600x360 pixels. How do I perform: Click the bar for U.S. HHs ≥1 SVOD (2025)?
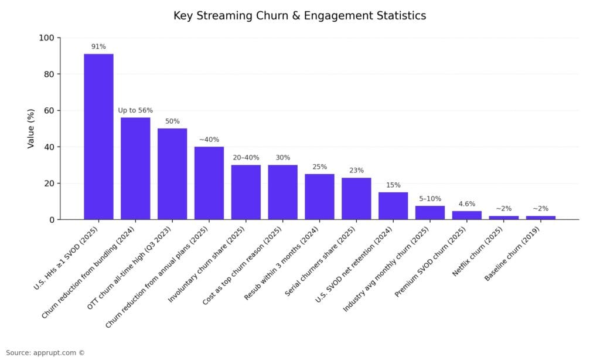pyautogui.click(x=98, y=137)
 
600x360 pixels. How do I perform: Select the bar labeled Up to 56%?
pyautogui.click(x=135, y=168)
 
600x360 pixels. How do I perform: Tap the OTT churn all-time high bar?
pyautogui.click(x=172, y=174)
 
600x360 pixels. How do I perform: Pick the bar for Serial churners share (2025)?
pyautogui.click(x=356, y=199)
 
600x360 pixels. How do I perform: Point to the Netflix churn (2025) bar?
pyautogui.click(x=504, y=218)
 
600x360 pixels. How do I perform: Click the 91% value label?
pyautogui.click(x=98, y=46)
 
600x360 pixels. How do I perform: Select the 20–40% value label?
pyautogui.click(x=246, y=158)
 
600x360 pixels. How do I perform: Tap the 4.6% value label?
pyautogui.click(x=467, y=204)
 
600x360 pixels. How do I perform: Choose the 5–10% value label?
pyautogui.click(x=430, y=199)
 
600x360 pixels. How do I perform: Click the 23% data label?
pyautogui.click(x=356, y=171)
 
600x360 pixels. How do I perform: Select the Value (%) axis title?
pyautogui.click(x=31, y=128)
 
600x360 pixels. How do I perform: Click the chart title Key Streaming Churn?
pyautogui.click(x=299, y=16)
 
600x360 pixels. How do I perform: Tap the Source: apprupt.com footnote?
pyautogui.click(x=45, y=353)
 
